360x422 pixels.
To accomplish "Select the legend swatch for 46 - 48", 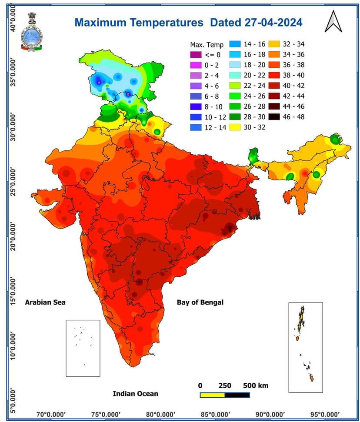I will [274, 116].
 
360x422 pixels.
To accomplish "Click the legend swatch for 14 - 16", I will [235, 44].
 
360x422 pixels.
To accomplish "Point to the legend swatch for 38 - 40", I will [274, 75].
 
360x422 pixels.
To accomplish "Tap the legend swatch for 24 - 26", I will [235, 96].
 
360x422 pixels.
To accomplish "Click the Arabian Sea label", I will [45, 302].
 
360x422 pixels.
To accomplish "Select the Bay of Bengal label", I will [200, 302].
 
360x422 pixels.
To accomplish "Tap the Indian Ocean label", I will [136, 394].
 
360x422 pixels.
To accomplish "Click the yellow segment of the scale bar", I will [212, 395].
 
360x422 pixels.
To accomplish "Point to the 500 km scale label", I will [256, 385].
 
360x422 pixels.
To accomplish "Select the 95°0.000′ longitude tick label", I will [323, 414].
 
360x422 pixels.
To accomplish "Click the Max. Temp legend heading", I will [207, 45].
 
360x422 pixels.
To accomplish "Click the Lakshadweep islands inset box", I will [83, 348].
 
